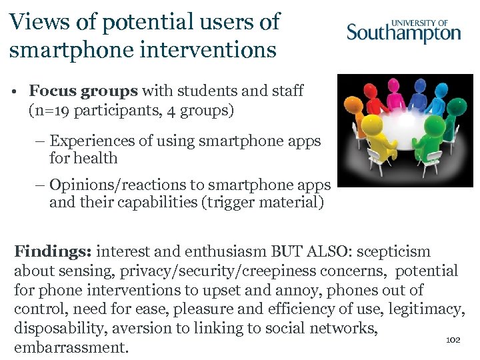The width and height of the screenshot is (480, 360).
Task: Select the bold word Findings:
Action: point(53,252)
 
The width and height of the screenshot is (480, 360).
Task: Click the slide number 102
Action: point(453,340)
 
